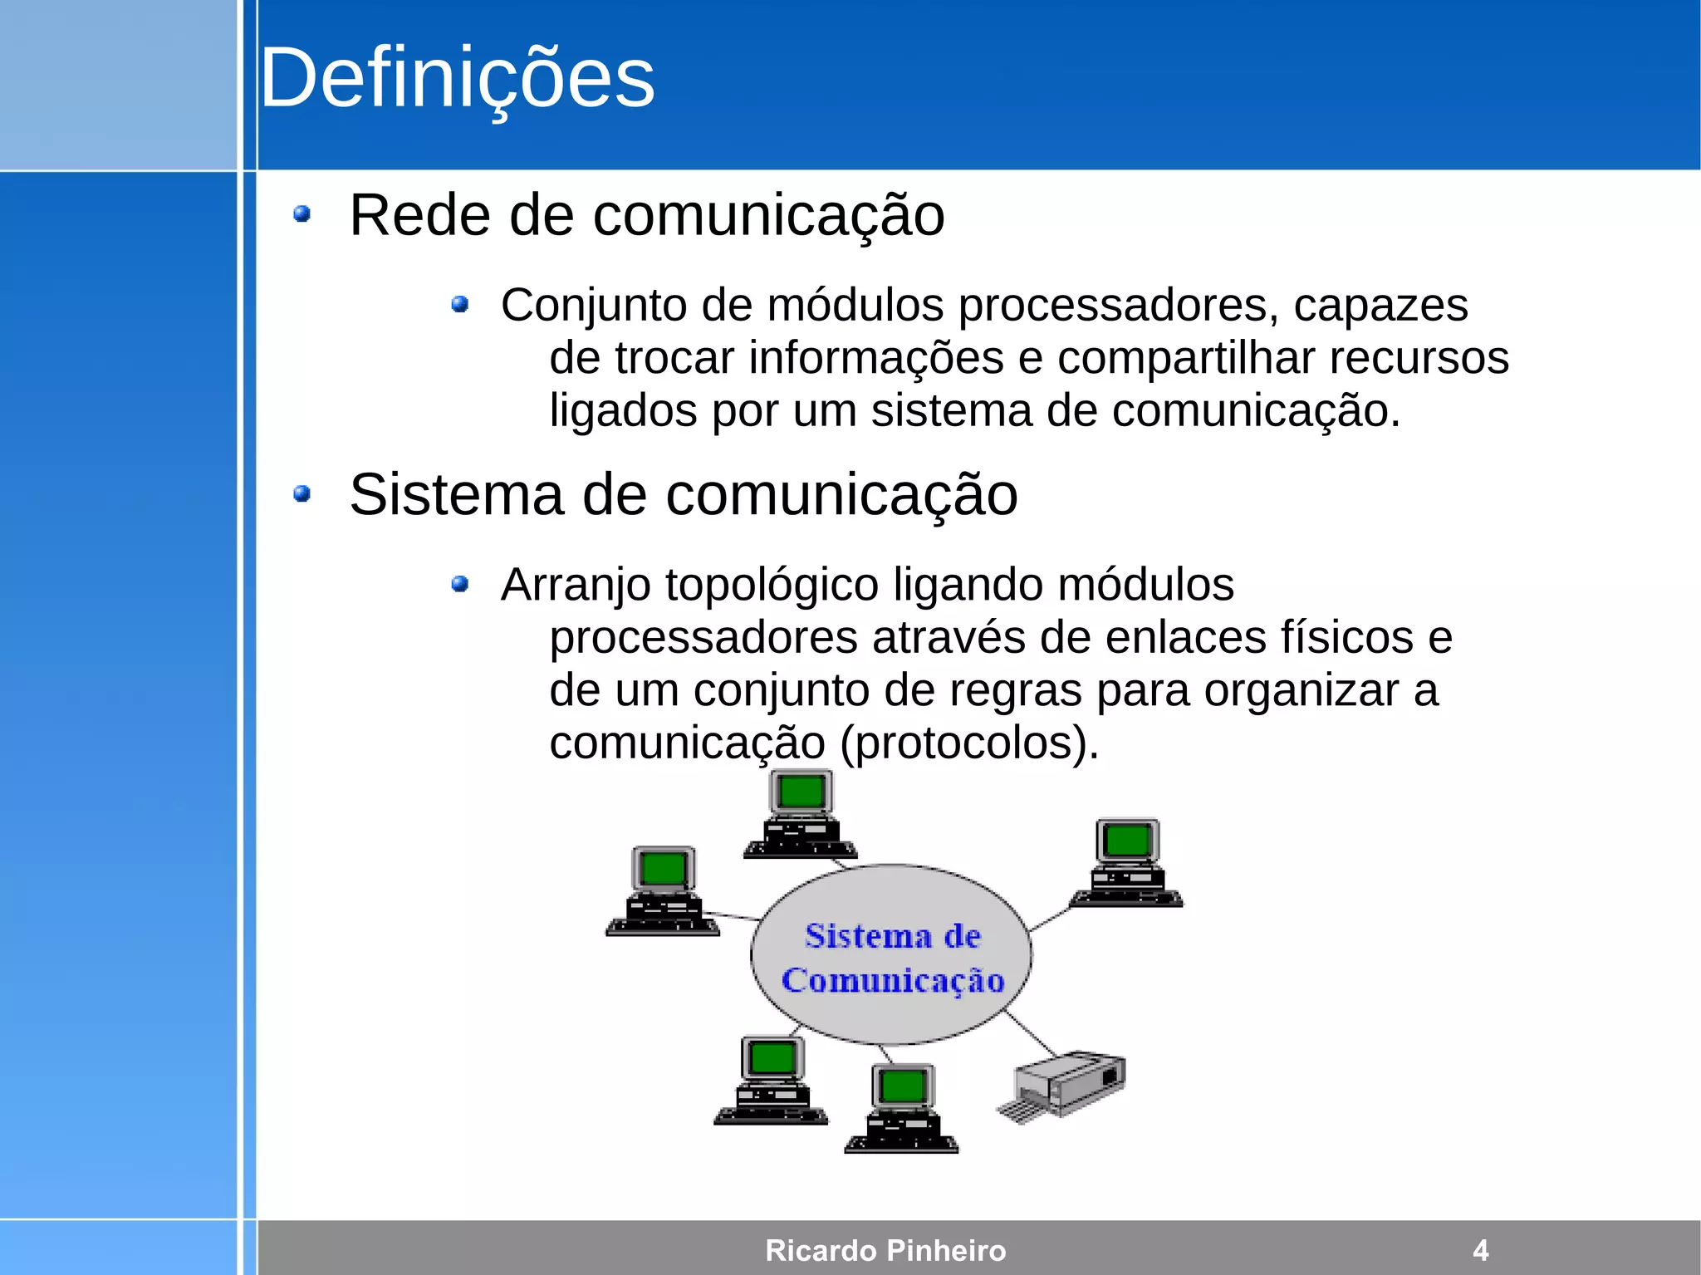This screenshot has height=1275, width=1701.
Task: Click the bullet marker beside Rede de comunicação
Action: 302,215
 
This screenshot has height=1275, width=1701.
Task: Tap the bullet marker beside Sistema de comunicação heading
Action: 302,495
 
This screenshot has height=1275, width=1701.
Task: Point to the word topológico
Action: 772,586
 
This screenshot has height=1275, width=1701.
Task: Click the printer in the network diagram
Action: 1063,1085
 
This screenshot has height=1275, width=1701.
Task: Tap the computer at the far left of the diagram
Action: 663,891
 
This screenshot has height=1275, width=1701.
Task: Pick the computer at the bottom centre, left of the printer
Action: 902,1108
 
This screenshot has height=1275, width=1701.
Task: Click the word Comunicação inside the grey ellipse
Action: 893,981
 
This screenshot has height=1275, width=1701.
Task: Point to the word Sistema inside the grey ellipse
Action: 856,936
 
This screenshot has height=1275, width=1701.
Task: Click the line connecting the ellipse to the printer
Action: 1031,1034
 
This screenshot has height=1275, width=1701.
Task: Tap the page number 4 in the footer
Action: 1480,1250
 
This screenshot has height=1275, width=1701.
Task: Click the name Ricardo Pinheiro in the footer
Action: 885,1250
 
